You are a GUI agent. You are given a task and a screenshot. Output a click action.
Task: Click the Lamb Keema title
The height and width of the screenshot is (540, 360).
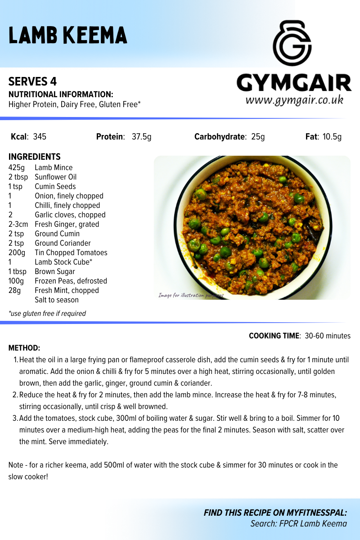coord(68,35)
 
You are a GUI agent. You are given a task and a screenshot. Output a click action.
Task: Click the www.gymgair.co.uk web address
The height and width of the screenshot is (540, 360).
coord(294,100)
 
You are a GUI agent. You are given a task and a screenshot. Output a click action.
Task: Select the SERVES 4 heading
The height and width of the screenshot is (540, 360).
coord(33,81)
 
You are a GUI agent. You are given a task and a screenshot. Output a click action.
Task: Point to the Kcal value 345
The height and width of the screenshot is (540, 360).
coord(40,137)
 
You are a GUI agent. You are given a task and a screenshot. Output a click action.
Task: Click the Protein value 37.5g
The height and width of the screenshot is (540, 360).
coord(141,137)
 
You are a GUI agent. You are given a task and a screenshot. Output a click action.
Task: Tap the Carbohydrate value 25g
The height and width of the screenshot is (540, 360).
coord(258,137)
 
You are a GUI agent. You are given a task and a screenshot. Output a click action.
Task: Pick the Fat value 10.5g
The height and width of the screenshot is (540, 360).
coord(332,137)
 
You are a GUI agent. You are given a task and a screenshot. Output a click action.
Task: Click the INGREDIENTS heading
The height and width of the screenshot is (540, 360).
coord(35,157)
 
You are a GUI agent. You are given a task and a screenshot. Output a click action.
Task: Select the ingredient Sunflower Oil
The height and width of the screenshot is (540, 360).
coord(56,177)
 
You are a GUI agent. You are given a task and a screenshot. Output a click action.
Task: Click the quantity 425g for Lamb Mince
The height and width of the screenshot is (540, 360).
coord(17,167)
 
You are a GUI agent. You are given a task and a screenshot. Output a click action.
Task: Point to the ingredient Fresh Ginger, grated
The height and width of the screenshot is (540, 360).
coord(67,224)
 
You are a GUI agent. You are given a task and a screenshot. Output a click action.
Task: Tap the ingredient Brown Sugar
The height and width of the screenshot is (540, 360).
coord(55,271)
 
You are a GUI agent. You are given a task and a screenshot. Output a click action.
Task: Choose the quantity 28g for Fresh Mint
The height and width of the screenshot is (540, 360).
coord(15,290)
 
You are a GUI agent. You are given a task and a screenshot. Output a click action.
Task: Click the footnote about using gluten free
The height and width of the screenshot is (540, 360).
coord(47,313)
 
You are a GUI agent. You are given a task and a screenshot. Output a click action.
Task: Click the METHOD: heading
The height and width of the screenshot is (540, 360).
coord(24,348)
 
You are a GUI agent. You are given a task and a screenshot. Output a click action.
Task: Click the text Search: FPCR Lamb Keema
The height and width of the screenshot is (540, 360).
coord(299,523)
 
